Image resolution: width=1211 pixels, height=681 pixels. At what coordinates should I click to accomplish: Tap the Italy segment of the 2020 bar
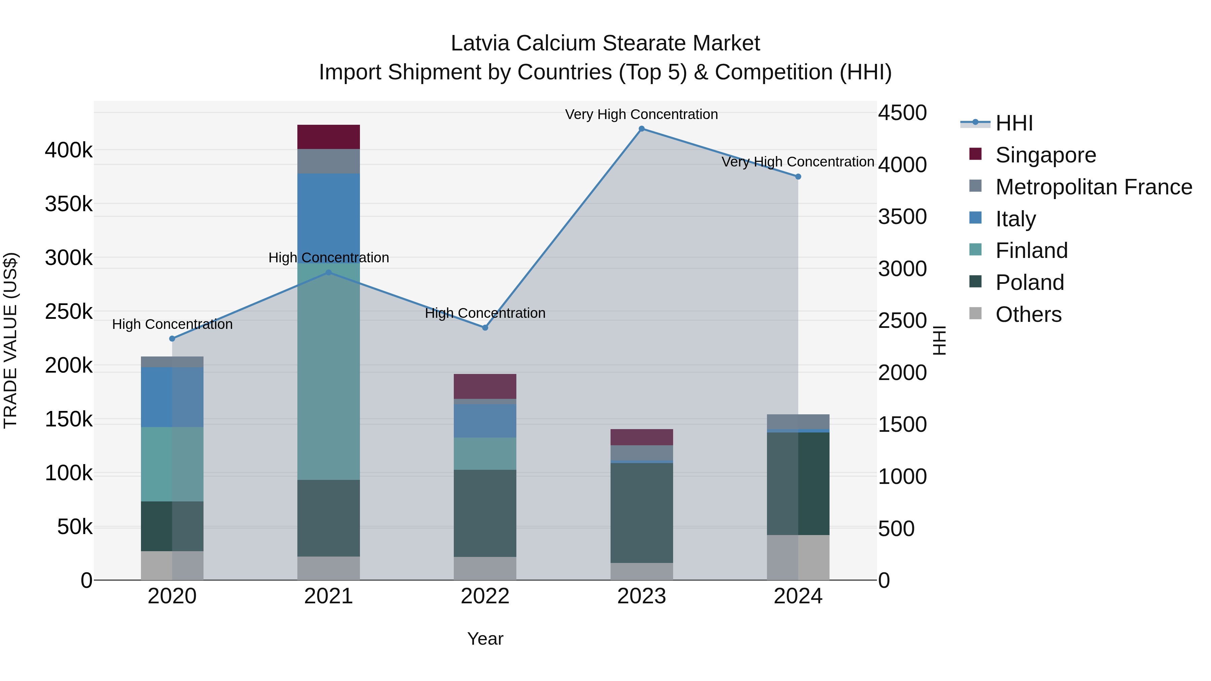[172, 397]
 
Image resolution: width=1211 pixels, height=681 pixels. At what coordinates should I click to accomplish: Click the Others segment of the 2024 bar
[798, 557]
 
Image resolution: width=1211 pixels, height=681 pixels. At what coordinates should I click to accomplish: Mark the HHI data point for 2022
[485, 328]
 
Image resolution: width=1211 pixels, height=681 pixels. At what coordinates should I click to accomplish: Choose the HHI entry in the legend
[1014, 123]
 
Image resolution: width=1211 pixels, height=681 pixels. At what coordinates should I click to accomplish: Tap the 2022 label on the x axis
[485, 596]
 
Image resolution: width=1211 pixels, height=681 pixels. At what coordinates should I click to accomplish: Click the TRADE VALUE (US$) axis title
[10, 340]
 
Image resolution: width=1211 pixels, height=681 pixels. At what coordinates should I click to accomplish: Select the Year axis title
[485, 639]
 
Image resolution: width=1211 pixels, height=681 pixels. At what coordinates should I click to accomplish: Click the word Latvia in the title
[480, 43]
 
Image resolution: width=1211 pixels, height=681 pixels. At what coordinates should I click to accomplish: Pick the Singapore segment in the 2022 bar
[485, 386]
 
